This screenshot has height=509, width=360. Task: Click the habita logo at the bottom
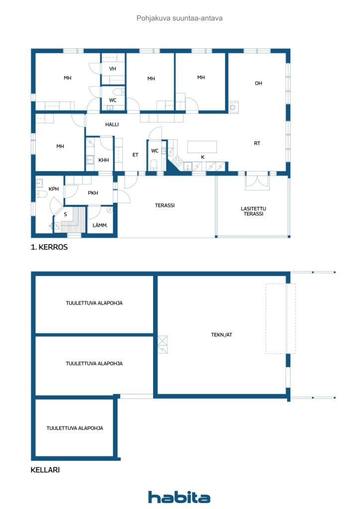click(179, 497)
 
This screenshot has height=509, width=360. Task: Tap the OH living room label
click(259, 83)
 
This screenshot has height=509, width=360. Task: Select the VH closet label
click(113, 69)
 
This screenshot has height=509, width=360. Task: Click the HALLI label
click(112, 124)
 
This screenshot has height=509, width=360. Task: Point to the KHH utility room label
click(103, 160)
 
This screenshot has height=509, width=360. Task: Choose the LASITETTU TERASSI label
click(254, 211)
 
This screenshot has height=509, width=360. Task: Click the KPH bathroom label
click(54, 188)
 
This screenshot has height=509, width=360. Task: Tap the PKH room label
click(93, 193)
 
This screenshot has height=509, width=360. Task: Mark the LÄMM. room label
click(100, 225)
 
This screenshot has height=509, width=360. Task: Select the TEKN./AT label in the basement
click(222, 335)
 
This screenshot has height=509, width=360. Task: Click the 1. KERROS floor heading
click(49, 247)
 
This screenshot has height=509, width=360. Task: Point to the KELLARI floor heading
click(45, 470)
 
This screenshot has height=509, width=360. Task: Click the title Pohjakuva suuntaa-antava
click(180, 18)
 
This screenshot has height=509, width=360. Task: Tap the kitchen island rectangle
click(202, 147)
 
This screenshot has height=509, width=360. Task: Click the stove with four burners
click(177, 161)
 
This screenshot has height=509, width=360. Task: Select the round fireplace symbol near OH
click(233, 107)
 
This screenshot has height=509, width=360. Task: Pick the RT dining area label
click(257, 143)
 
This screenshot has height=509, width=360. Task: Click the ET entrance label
click(135, 155)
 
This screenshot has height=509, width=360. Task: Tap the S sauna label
click(66, 214)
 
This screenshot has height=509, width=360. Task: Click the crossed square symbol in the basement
click(162, 344)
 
